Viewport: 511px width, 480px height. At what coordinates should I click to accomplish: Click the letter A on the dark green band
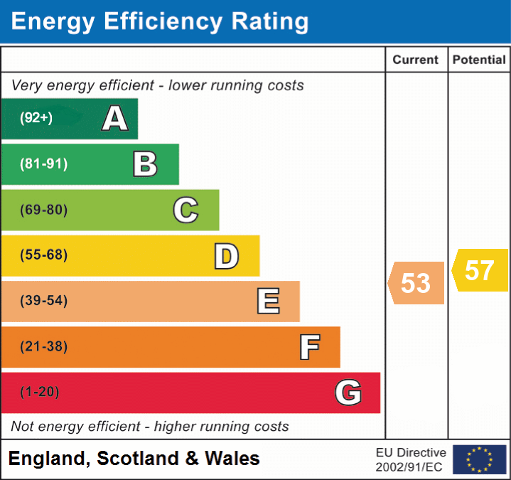pyautogui.click(x=115, y=119)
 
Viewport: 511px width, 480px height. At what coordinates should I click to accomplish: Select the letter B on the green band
pyautogui.click(x=145, y=164)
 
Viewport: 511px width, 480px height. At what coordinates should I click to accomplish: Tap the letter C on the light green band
pyautogui.click(x=185, y=210)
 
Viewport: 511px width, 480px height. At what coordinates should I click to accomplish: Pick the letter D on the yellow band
pyautogui.click(x=226, y=256)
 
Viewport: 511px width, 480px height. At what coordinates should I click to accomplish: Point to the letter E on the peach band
pyautogui.click(x=267, y=302)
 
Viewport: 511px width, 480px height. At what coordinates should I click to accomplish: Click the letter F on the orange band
pyautogui.click(x=309, y=347)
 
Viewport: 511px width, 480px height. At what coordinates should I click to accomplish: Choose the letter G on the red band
pyautogui.click(x=348, y=393)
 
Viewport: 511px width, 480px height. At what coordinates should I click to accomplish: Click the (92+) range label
pyautogui.click(x=36, y=118)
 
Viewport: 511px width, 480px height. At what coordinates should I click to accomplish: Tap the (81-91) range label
pyautogui.click(x=43, y=164)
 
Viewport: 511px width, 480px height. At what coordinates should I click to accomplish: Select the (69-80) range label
pyautogui.click(x=43, y=210)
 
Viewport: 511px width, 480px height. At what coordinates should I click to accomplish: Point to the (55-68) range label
pyautogui.click(x=43, y=255)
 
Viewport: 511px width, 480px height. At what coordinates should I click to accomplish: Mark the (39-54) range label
pyautogui.click(x=43, y=301)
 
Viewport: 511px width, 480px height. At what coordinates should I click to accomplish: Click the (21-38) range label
pyautogui.click(x=43, y=347)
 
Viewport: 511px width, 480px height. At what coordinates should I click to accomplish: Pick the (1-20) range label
pyautogui.click(x=40, y=392)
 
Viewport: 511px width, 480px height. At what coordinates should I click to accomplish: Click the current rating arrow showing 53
pyautogui.click(x=416, y=283)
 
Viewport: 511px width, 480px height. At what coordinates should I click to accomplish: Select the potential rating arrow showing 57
pyautogui.click(x=480, y=270)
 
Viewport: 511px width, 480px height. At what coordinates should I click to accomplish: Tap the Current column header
pyautogui.click(x=416, y=60)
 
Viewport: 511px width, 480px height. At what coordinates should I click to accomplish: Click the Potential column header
pyautogui.click(x=479, y=60)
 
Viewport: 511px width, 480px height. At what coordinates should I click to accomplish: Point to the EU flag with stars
pyautogui.click(x=479, y=459)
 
